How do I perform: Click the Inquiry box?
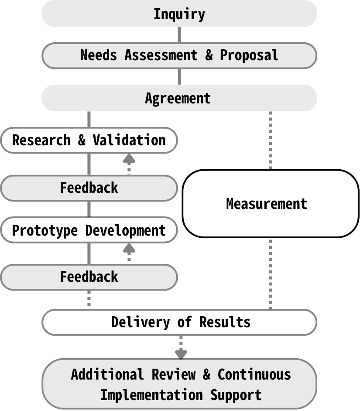(x=179, y=14)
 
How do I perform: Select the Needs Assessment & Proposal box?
(x=179, y=55)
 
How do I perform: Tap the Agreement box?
(x=179, y=98)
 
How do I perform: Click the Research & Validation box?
(x=89, y=140)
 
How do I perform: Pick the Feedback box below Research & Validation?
(x=89, y=188)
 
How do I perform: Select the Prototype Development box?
(x=89, y=230)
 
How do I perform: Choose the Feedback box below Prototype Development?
(x=89, y=277)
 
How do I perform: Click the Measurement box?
(x=267, y=203)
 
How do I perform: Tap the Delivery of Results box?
(x=179, y=322)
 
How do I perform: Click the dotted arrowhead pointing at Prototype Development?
(x=129, y=248)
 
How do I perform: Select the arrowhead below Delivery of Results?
(x=181, y=354)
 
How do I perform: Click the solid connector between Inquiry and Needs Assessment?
(x=179, y=34)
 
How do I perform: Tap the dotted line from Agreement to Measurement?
(x=270, y=140)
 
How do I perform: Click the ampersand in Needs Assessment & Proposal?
(x=209, y=55)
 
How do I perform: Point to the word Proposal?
(x=249, y=55)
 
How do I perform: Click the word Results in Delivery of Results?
(x=225, y=322)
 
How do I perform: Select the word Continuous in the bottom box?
(x=254, y=374)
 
